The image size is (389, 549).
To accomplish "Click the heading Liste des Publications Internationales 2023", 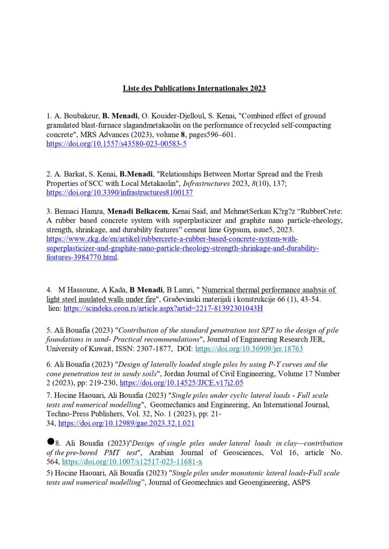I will [x=194, y=88].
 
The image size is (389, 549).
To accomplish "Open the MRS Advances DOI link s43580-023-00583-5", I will [x=116, y=144].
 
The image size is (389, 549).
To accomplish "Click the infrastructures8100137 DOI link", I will [x=120, y=192].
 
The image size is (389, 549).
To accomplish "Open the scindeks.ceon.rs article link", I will [x=163, y=309].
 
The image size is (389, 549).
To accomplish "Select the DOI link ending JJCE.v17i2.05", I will [x=181, y=383].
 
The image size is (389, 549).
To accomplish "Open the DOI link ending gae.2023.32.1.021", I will [x=126, y=423].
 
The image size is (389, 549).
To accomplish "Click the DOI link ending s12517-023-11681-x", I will [x=132, y=461].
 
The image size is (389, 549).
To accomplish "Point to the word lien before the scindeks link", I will [x=54, y=309].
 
